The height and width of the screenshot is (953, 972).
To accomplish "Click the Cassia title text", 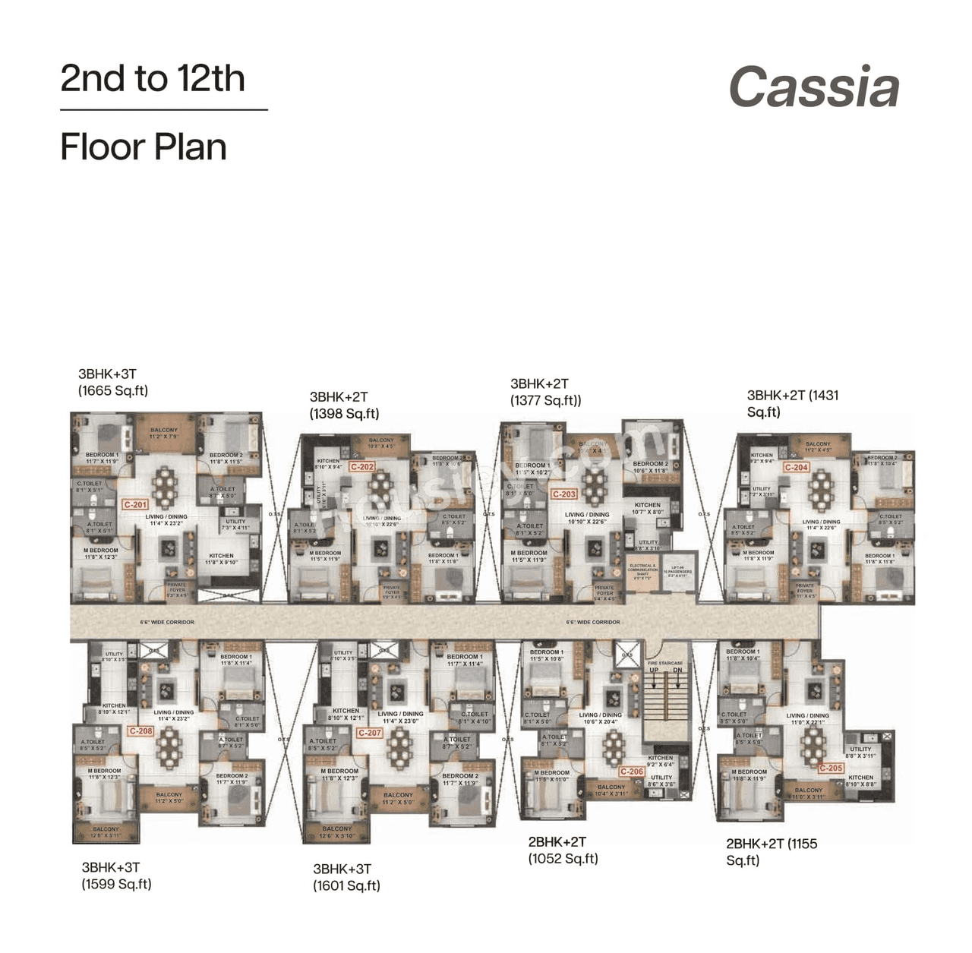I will tap(814, 87).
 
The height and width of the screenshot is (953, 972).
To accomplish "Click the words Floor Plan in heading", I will tap(144, 147).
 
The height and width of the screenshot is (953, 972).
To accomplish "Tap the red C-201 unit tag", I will tap(135, 504).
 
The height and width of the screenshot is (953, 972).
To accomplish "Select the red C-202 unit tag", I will tap(362, 467).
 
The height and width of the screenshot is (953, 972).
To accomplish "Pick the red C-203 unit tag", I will tap(564, 494).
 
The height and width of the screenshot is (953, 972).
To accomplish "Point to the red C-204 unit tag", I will tap(796, 468).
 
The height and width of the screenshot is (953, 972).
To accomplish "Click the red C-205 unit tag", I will tap(831, 768).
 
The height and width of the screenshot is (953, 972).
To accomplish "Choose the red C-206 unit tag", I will tap(631, 772).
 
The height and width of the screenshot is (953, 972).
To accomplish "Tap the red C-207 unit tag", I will tap(370, 733).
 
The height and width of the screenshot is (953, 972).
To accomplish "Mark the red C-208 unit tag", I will tap(140, 731).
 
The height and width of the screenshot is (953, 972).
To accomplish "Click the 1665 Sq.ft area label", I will tap(113, 391).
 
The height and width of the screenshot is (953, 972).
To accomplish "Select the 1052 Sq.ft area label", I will tap(563, 859).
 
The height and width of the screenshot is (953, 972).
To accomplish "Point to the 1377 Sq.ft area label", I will tap(545, 401).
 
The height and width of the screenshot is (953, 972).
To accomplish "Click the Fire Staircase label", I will tap(665, 663).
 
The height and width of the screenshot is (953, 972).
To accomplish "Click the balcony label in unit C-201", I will tap(163, 434).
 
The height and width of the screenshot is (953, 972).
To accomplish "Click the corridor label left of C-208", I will tap(167, 622).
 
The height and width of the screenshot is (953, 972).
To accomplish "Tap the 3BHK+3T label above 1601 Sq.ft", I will tap(342, 869).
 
